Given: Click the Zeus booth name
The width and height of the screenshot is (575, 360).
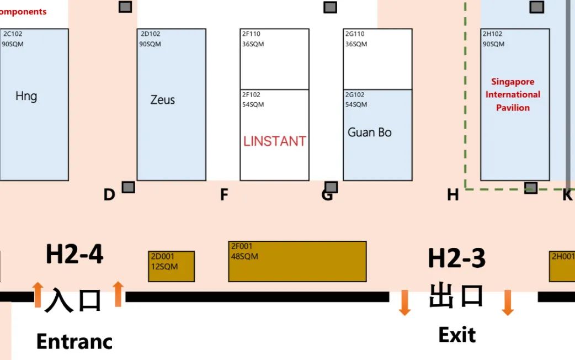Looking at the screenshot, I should tap(162, 100).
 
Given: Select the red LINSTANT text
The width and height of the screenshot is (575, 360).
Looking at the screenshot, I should tap(274, 141).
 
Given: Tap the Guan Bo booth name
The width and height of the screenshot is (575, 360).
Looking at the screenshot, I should tap(369, 133).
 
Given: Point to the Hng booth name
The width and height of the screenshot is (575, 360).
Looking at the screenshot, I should tap(26, 97).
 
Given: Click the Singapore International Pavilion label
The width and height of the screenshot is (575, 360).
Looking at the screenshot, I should tap(513, 94).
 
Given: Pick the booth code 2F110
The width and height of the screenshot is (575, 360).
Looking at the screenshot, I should tap(251, 34).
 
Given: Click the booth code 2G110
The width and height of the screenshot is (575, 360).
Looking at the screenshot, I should tap(355, 34).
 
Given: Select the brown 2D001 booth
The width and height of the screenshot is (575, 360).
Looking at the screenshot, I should tap(171, 266).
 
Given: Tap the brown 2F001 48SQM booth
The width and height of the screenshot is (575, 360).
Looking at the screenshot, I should tap(297, 261).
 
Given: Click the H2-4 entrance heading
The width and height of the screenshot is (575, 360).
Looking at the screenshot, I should tap(74, 255).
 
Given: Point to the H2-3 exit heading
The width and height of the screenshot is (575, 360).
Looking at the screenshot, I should tap(456, 258).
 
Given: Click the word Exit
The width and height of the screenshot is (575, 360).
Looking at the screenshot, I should tap(456, 335).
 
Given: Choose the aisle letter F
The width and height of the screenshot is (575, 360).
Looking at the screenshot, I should tap(224, 194).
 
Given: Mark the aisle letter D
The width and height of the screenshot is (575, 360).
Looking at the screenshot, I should tap(109, 194).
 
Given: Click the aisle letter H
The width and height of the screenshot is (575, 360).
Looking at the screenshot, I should tap(452, 194).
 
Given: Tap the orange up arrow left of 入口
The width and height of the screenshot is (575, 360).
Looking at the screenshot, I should tap(38, 294).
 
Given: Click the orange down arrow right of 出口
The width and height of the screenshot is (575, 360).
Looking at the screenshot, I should tap(507, 303).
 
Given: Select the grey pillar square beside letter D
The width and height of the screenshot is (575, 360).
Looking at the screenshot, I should tap(128, 187).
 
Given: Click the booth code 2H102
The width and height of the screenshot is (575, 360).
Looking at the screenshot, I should tap(492, 34).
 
